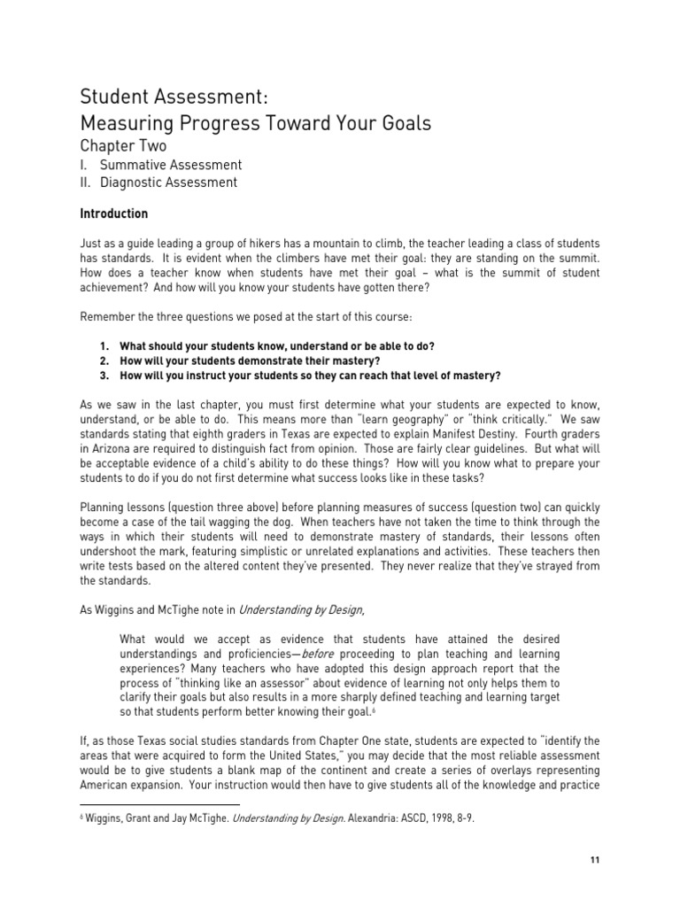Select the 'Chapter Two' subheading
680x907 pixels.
(123, 146)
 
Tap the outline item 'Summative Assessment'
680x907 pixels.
(171, 165)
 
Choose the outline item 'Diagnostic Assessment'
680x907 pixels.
(168, 182)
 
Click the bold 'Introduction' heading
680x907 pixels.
(114, 214)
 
